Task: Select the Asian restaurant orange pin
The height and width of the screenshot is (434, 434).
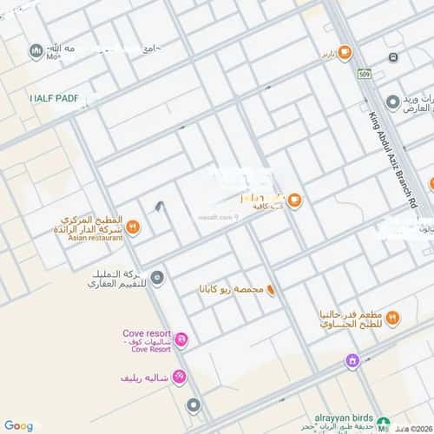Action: click(x=132, y=227)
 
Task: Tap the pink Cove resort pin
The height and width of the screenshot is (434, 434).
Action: click(x=181, y=339)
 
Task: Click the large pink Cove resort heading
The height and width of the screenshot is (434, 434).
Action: click(x=146, y=334)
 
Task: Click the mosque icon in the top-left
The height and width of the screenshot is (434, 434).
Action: click(x=36, y=51)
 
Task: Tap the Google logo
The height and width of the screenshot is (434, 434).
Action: click(x=18, y=425)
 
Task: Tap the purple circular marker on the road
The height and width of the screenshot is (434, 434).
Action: click(x=352, y=361)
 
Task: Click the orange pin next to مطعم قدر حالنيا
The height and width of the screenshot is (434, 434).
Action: click(x=392, y=318)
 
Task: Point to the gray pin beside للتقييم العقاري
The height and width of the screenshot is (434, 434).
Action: click(x=157, y=278)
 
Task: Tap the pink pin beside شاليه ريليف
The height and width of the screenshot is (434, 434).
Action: click(x=178, y=377)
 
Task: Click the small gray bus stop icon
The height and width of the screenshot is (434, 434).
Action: click(x=393, y=57)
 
